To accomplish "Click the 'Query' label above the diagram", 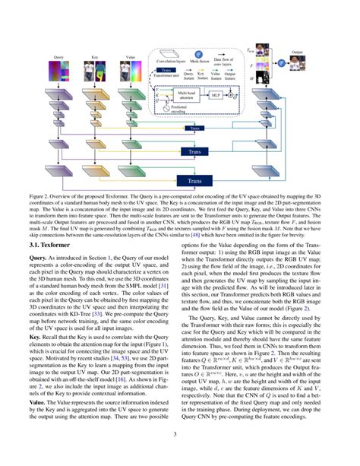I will pyautogui.click(x=58, y=57).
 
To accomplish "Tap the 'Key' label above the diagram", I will pyautogui.click(x=94, y=57).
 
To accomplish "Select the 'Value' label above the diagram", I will pyautogui.click(x=131, y=57).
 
